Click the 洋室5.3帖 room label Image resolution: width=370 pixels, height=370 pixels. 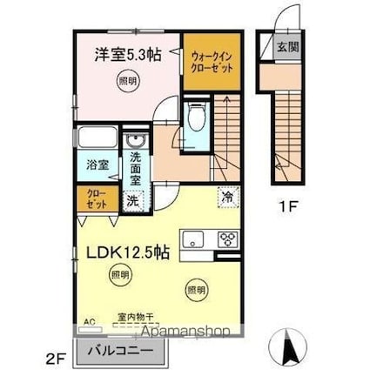tap(129, 54)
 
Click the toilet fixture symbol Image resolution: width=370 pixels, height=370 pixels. tap(196, 118)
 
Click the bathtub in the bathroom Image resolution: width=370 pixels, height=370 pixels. tap(98, 139)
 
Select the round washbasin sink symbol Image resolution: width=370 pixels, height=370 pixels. tap(135, 142)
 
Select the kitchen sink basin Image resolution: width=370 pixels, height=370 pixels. tap(192, 239)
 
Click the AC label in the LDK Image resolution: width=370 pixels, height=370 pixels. tap(88, 321)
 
